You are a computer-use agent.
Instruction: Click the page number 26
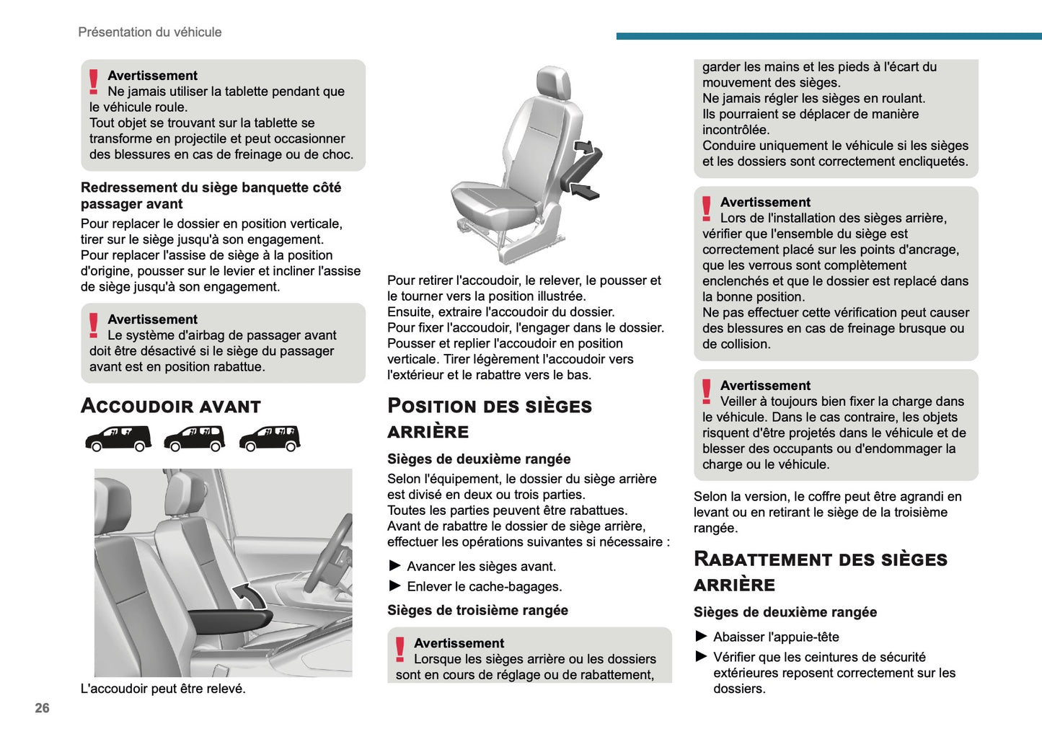(x=42, y=708)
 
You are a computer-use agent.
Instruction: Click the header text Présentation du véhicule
(x=149, y=32)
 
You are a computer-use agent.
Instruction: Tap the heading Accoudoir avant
(x=171, y=406)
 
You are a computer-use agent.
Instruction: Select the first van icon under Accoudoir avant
(x=118, y=438)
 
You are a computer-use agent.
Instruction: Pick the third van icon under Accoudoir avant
(x=270, y=438)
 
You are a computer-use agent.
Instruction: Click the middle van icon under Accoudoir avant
(x=194, y=438)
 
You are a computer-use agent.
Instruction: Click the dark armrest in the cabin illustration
(x=229, y=619)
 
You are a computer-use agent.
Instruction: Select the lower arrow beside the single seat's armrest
(x=584, y=191)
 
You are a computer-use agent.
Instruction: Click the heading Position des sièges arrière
(x=489, y=418)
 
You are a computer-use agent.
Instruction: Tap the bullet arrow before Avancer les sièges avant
(x=394, y=566)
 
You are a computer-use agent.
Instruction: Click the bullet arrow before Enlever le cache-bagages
(x=394, y=586)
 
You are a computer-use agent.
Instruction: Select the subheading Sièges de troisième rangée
(x=477, y=611)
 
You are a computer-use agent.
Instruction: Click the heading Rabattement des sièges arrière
(x=820, y=572)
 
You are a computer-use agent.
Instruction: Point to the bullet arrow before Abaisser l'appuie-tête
(x=701, y=636)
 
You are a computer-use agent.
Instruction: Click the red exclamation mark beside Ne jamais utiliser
(x=94, y=81)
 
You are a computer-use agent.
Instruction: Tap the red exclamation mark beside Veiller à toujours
(x=707, y=392)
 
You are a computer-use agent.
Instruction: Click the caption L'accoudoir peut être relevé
(x=163, y=689)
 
